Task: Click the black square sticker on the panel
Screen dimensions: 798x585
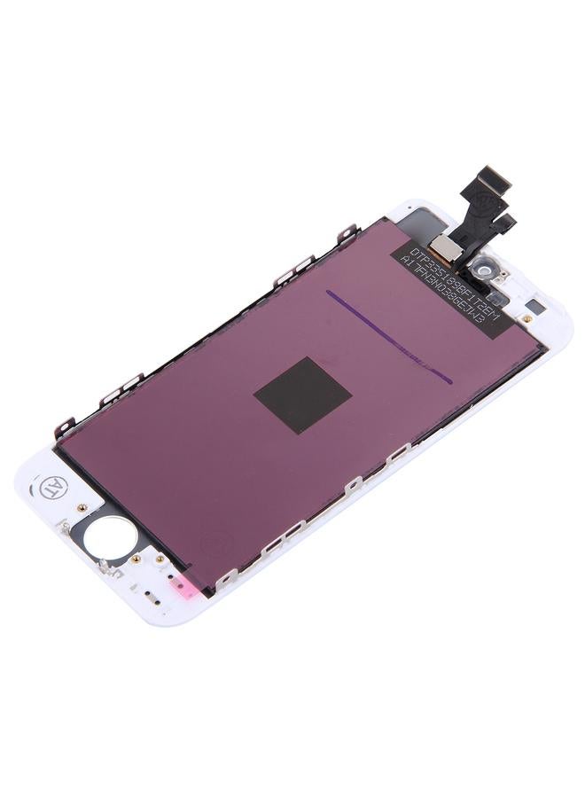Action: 302,395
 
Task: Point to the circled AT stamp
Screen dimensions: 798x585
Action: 51,487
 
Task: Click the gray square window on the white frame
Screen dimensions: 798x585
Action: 528,317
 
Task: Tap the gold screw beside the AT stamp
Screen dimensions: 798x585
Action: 82,508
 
